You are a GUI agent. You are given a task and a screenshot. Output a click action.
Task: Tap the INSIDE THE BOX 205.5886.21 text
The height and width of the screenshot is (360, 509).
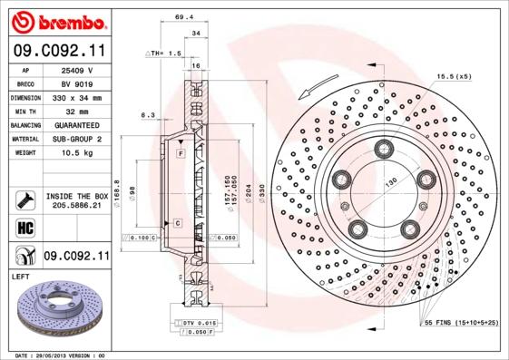click(x=76, y=201)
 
